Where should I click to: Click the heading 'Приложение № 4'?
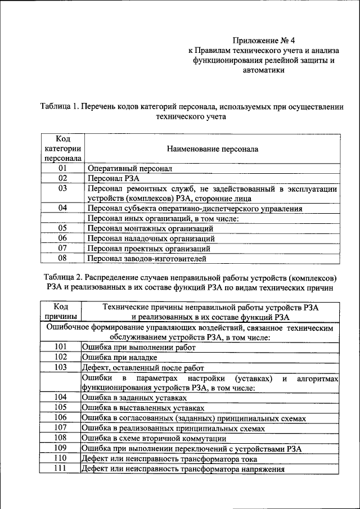(x=263, y=41)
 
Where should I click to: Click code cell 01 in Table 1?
(x=62, y=168)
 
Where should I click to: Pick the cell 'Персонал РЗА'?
(x=110, y=178)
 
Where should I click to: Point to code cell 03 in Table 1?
(x=62, y=188)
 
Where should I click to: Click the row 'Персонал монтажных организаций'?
(x=150, y=228)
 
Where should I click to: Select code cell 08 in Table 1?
(x=62, y=259)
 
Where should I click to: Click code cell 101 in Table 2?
(x=61, y=347)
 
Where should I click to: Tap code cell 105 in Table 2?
(x=61, y=407)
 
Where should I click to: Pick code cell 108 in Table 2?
(x=61, y=438)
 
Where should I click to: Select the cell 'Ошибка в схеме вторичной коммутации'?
(x=154, y=438)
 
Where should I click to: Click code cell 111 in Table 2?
(x=61, y=468)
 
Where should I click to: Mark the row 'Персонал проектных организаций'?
(x=149, y=249)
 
